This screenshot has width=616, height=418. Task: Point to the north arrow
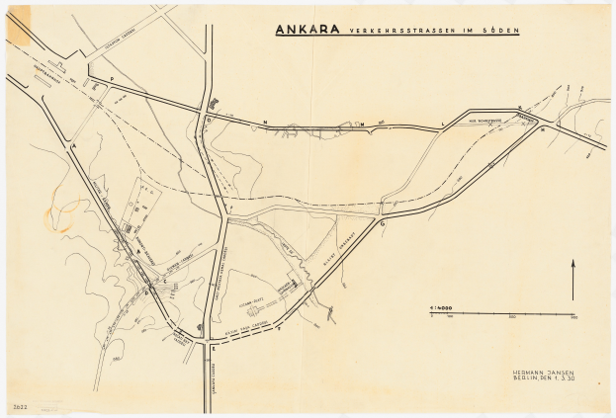point(572,280)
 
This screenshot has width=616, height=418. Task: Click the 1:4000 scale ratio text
point(439,307)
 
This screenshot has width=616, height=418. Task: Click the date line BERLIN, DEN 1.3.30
point(539,379)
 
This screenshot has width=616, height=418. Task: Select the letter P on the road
point(112,78)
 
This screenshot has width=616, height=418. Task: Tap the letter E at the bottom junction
point(212,349)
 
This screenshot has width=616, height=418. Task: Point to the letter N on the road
point(265,122)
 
